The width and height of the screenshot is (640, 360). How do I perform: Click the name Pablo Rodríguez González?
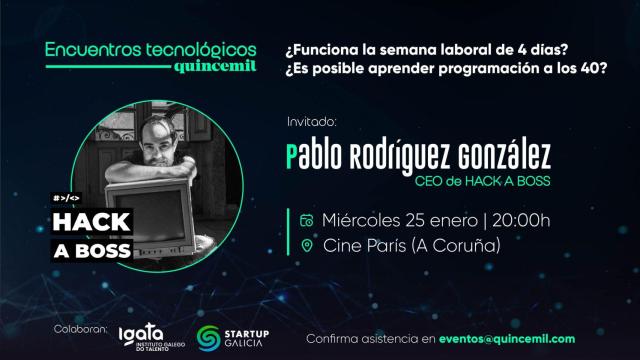tap(417, 158)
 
